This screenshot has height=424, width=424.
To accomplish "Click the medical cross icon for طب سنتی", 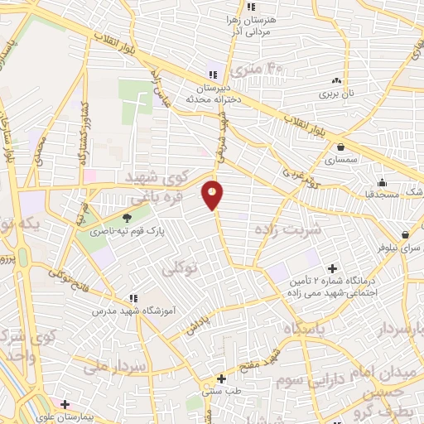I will (x=220, y=378).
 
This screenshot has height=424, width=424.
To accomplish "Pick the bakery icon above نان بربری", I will (x=336, y=80).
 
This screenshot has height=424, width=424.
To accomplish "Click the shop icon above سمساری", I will (x=341, y=147).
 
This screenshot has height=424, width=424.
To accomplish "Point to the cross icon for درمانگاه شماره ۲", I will (x=333, y=267).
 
